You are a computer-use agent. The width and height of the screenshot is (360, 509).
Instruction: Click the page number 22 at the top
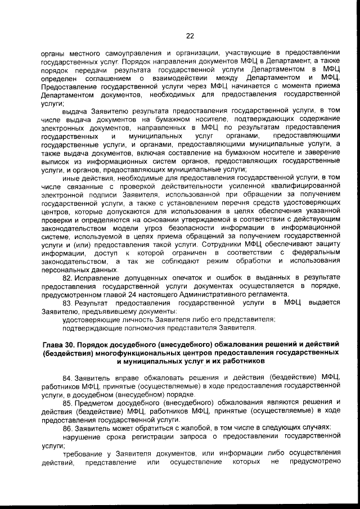coord(190,36)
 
